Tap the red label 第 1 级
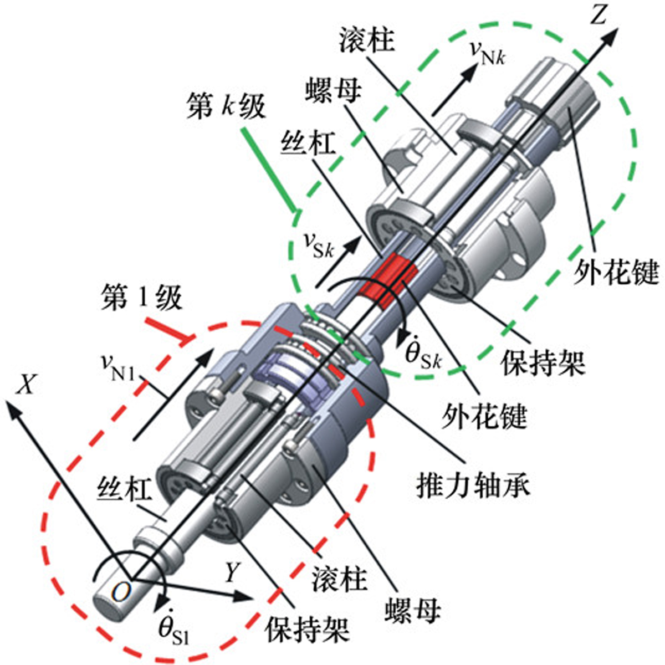coord(141,299)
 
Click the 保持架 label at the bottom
coord(308,629)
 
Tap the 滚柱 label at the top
coord(366,39)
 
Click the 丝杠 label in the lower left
coord(124,490)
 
